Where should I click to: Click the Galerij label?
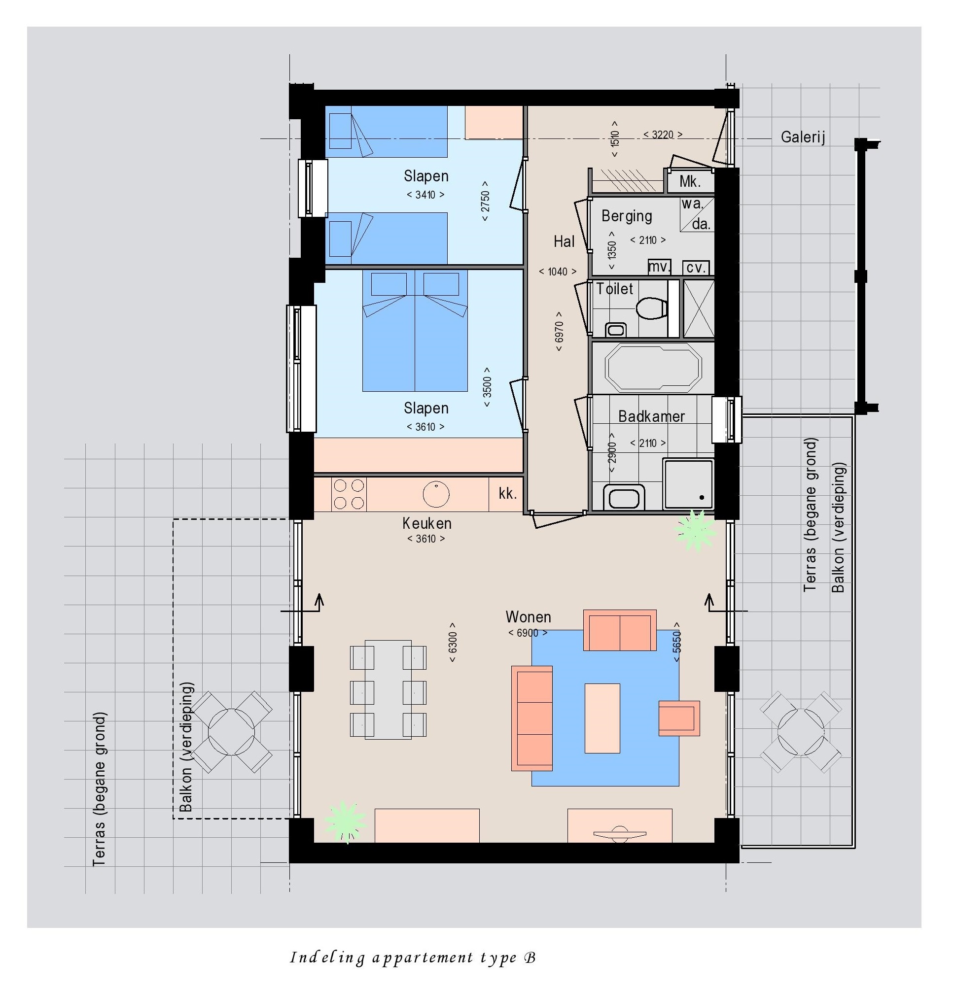(x=803, y=137)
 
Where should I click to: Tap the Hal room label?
(x=564, y=241)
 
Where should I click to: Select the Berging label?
(x=627, y=216)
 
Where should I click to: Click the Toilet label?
(x=614, y=289)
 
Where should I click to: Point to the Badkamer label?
(x=651, y=416)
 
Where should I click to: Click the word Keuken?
(x=427, y=523)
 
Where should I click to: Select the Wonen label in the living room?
(x=528, y=617)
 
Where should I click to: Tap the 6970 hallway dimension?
(x=559, y=331)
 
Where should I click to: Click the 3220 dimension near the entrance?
(x=663, y=135)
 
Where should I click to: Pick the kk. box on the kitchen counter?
(x=506, y=494)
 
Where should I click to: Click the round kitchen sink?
(x=435, y=493)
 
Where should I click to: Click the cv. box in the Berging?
(x=696, y=267)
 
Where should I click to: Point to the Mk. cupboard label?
(x=690, y=181)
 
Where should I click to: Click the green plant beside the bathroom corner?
(x=695, y=530)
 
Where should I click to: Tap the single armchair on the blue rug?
(x=679, y=718)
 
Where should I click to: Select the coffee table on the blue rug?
(x=602, y=718)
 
